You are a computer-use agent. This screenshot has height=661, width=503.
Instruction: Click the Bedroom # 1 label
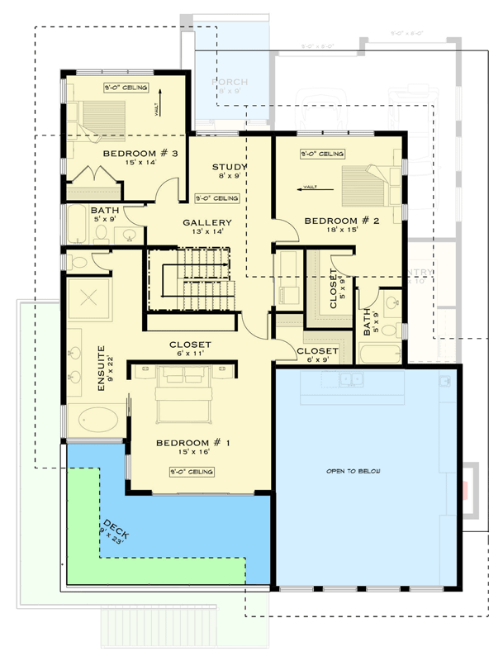click(x=192, y=444)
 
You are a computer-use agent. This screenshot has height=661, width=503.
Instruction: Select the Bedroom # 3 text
click(x=141, y=154)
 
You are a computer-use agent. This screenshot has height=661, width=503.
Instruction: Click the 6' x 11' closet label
click(x=191, y=354)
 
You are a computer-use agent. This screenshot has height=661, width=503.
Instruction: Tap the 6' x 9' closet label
click(x=316, y=360)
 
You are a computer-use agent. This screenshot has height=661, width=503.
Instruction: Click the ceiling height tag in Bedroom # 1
click(x=192, y=472)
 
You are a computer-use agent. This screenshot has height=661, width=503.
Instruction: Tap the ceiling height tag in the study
click(x=217, y=198)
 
